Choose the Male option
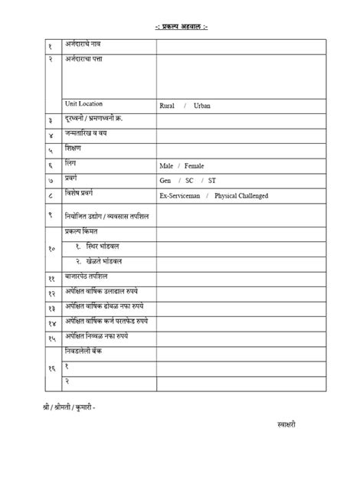tap(167, 165)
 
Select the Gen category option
tap(165, 181)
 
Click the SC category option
tap(188, 181)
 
